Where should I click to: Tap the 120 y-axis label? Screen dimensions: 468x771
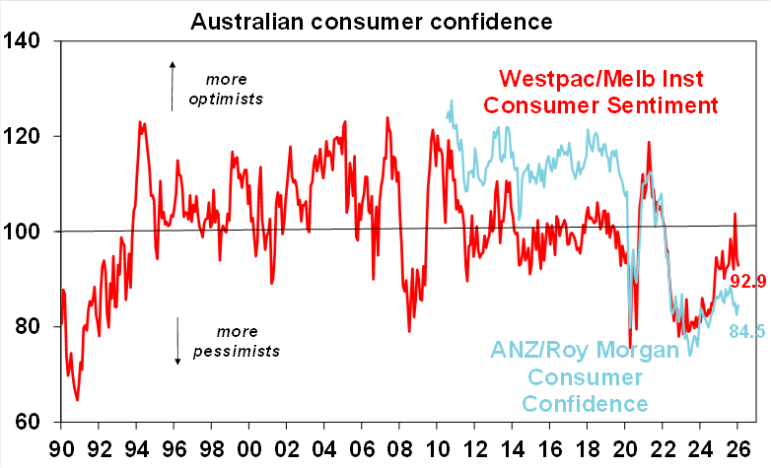point(25,136)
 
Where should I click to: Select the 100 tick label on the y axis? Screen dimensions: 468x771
point(25,232)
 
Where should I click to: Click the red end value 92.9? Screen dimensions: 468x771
point(748,284)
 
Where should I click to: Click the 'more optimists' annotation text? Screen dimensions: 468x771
point(240,89)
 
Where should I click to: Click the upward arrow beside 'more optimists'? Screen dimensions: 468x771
point(173,84)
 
